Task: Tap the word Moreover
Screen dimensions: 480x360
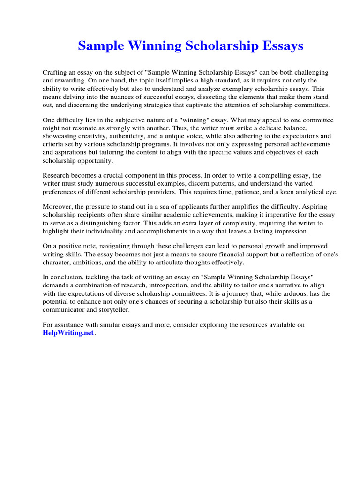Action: coord(58,207)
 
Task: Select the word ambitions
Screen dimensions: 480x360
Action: coord(90,262)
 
